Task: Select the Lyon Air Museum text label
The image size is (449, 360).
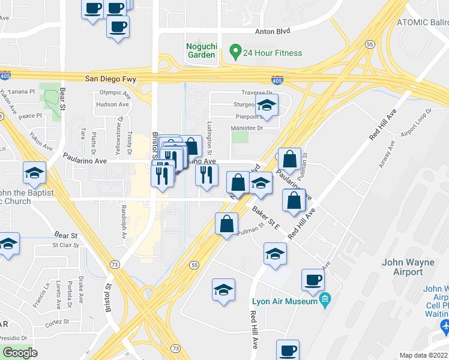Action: click(x=285, y=301)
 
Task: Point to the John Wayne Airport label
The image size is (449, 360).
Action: click(x=402, y=267)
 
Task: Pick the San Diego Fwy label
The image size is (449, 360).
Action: click(x=110, y=79)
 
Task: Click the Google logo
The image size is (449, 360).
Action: click(x=20, y=353)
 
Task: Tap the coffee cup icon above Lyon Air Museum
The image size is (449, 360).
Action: click(x=312, y=279)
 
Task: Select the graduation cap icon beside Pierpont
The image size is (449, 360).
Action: click(x=266, y=106)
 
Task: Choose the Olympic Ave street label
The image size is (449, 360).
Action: click(x=114, y=93)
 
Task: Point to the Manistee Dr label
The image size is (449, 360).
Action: click(x=247, y=128)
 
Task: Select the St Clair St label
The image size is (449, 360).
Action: click(x=66, y=245)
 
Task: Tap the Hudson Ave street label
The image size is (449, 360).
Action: click(x=112, y=104)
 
